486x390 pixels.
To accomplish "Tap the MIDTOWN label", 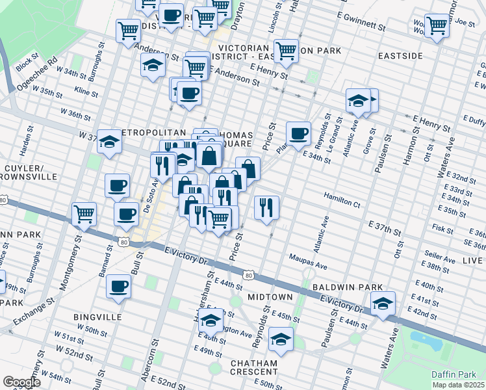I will click(270, 297).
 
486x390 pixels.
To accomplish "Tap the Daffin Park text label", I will click(454, 374).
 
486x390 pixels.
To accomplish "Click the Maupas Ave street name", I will click(309, 265).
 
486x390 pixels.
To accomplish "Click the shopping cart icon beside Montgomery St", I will click(84, 213).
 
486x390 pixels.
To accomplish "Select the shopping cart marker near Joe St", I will click(437, 25).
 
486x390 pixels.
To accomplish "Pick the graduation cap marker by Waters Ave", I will click(383, 303).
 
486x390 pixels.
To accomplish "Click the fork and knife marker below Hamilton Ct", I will click(266, 207).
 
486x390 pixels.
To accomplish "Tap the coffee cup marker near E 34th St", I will click(298, 133).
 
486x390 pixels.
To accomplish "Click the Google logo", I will click(22, 382).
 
